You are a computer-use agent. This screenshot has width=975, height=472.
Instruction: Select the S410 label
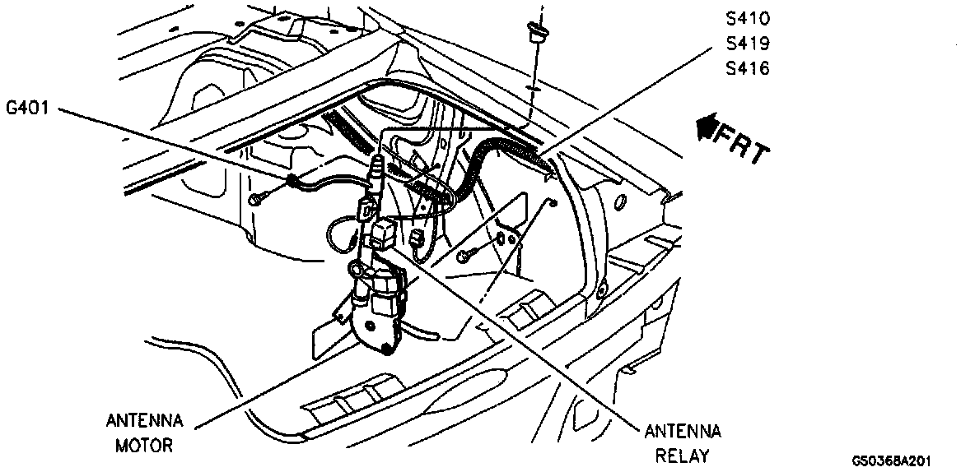click(x=747, y=17)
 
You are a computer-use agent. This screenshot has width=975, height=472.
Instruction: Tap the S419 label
click(x=747, y=43)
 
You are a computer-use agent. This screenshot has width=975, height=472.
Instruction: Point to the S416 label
click(x=747, y=68)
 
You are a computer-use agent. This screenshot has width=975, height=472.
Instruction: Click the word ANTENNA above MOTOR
click(x=144, y=421)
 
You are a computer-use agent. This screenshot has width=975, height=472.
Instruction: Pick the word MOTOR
click(x=144, y=447)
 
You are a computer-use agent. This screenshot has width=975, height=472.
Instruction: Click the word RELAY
click(x=683, y=456)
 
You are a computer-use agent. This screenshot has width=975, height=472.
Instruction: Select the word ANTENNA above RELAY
click(x=683, y=431)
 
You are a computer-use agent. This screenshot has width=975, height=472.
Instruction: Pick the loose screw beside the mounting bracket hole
click(x=467, y=255)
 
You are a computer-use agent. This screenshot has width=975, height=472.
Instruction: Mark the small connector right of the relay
click(x=416, y=241)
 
